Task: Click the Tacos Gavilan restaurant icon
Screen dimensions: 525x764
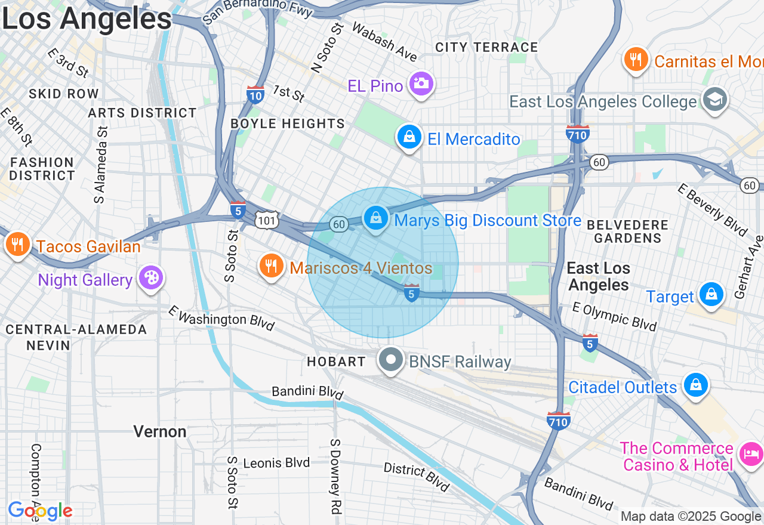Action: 19,245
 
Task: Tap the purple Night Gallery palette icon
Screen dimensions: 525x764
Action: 150,278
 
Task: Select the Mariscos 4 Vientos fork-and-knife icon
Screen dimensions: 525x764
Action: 272,266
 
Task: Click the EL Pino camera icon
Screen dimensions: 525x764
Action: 421,84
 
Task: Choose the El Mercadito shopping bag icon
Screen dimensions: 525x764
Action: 409,138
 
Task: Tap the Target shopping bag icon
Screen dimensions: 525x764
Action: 711,295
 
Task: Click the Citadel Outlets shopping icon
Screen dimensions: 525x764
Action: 695,385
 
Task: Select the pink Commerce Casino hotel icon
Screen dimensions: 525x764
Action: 750,455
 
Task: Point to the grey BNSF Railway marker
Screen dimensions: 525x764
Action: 391,360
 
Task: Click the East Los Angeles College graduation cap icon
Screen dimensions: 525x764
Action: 714,100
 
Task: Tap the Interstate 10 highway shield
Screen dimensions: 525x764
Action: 255,95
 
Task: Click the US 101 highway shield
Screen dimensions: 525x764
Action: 266,220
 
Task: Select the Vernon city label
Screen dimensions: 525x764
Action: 160,431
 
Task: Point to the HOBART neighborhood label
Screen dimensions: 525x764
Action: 336,362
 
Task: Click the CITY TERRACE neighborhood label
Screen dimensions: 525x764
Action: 486,47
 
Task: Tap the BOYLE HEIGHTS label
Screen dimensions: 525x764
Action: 288,123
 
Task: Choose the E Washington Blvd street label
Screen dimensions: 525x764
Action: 221,318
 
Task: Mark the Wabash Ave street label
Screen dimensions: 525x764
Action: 384,42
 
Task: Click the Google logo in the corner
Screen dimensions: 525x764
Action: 40,511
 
